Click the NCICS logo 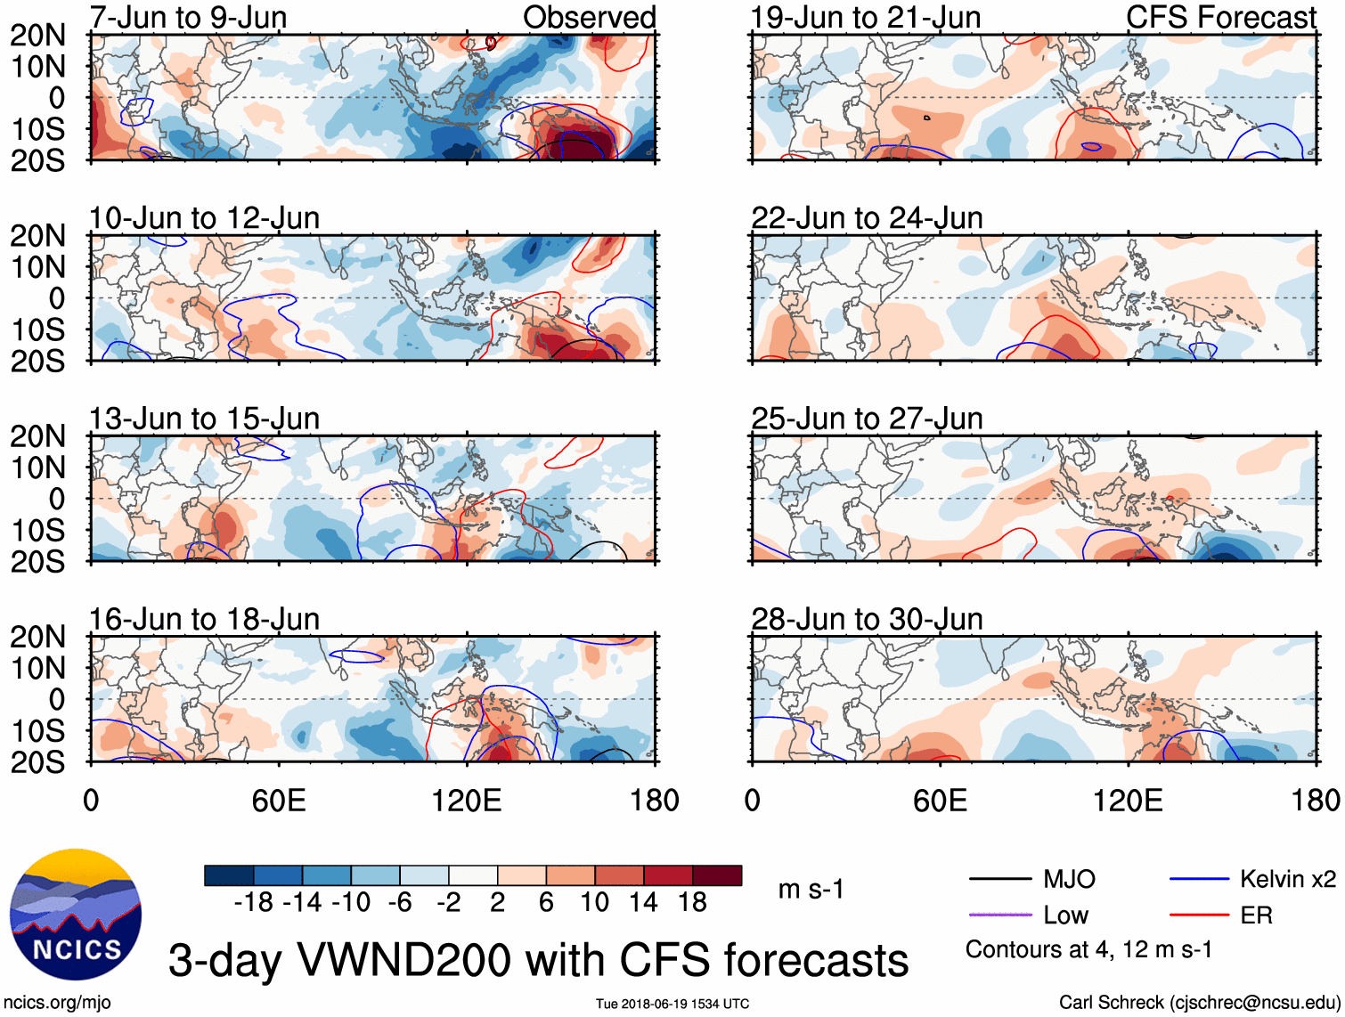pyautogui.click(x=76, y=915)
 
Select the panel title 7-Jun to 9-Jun pyautogui.click(x=188, y=17)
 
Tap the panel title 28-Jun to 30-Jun pyautogui.click(x=867, y=619)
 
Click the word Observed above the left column pyautogui.click(x=589, y=17)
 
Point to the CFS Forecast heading pyautogui.click(x=1220, y=17)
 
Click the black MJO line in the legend pyautogui.click(x=1000, y=880)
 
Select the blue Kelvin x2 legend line pyautogui.click(x=1199, y=880)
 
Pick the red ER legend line pyautogui.click(x=1199, y=915)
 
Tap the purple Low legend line pyautogui.click(x=1000, y=915)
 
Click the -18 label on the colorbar pyautogui.click(x=253, y=903)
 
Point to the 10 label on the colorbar pyautogui.click(x=594, y=903)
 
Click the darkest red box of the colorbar pyautogui.click(x=717, y=875)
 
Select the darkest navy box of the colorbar pyautogui.click(x=229, y=875)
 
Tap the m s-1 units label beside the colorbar pyautogui.click(x=811, y=890)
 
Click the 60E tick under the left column pyautogui.click(x=279, y=801)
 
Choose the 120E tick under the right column pyautogui.click(x=1128, y=801)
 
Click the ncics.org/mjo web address pyautogui.click(x=57, y=1003)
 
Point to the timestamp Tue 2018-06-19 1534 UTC pyautogui.click(x=672, y=1004)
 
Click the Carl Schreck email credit pyautogui.click(x=1199, y=1003)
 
